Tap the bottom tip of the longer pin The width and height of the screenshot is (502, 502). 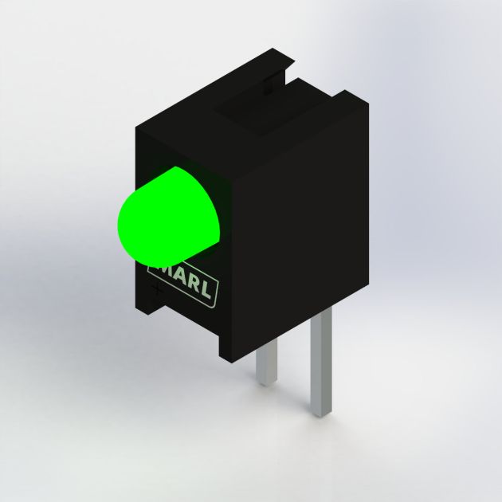coord(321,414)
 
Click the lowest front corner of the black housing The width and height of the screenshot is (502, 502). coord(222,358)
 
